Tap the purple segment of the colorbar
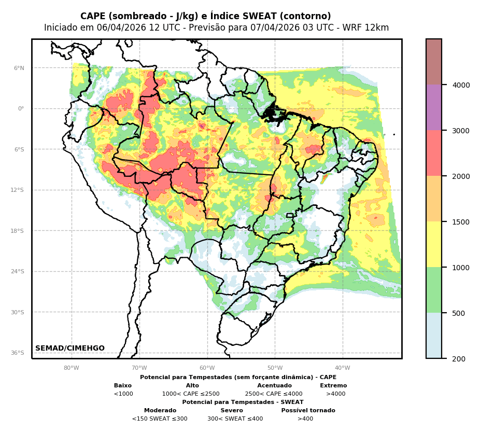[x=434, y=107]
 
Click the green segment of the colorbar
[x=434, y=290]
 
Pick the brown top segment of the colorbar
[x=434, y=62]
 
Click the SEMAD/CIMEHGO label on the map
[x=70, y=349]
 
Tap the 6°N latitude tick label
[x=19, y=68]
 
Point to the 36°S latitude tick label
[x=18, y=353]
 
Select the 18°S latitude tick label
[x=18, y=231]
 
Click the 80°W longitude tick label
[x=72, y=368]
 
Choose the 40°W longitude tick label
[x=343, y=368]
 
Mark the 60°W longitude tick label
[x=207, y=368]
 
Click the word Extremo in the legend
[x=333, y=386]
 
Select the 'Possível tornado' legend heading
[x=308, y=411]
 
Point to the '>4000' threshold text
[x=335, y=394]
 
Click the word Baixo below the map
[x=123, y=386]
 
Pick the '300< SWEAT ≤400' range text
[x=235, y=419]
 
